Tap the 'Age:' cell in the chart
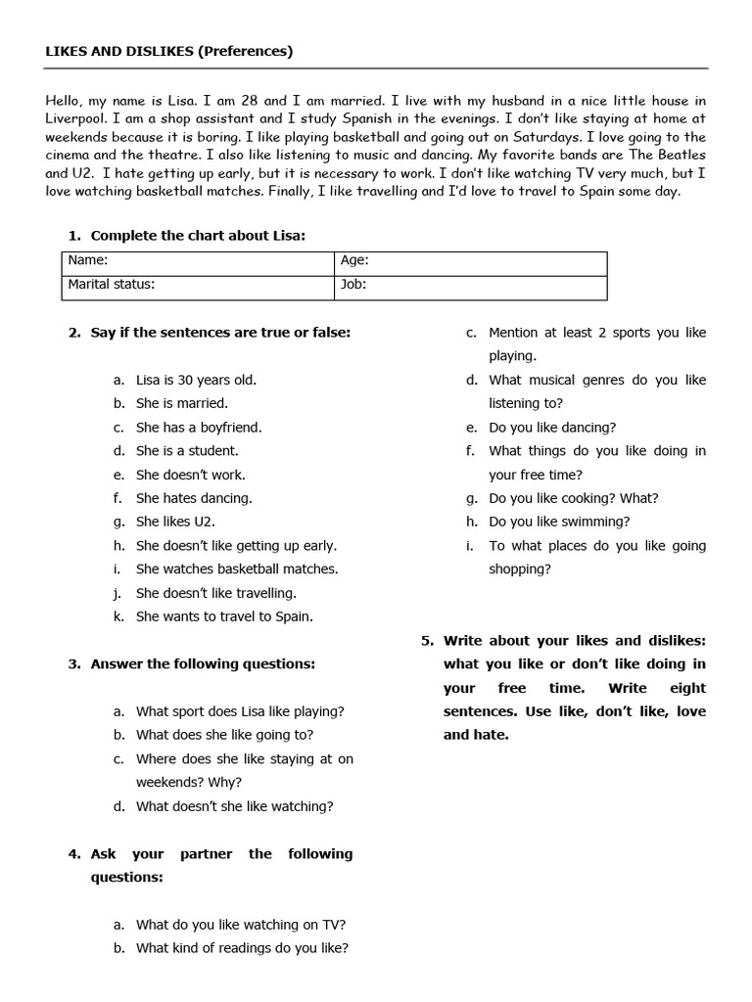[x=470, y=261]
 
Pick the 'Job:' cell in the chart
[x=470, y=285]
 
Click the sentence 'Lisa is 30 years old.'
[x=196, y=380]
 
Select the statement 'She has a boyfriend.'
[x=199, y=428]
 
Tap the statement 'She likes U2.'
[x=175, y=522]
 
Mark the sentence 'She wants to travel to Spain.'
[x=224, y=616]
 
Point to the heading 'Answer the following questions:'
[x=203, y=663]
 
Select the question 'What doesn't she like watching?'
[x=234, y=806]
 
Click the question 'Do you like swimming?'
[x=559, y=522]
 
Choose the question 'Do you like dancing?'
[x=552, y=428]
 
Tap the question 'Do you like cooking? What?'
[x=574, y=498]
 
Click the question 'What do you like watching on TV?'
[x=241, y=924]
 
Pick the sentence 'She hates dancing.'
[x=194, y=498]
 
